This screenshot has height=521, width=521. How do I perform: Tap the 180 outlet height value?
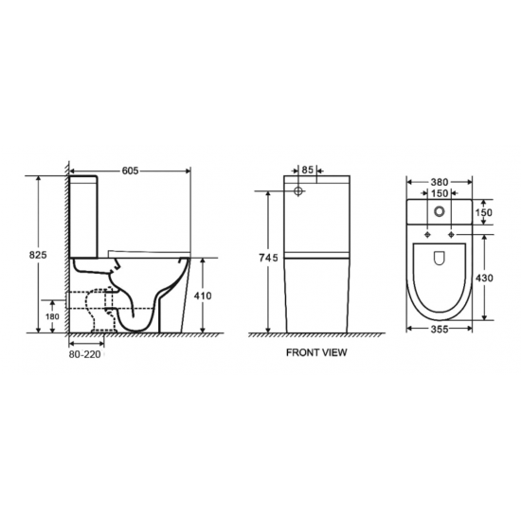click(x=53, y=315)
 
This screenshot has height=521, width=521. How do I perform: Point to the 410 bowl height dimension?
click(x=202, y=295)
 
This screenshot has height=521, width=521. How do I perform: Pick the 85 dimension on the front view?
click(x=309, y=170)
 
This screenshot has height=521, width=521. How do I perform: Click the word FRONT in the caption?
click(x=306, y=351)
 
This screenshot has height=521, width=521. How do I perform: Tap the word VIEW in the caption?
click(x=336, y=351)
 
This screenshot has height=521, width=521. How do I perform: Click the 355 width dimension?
click(x=438, y=330)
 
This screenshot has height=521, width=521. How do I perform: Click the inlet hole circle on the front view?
click(x=300, y=190)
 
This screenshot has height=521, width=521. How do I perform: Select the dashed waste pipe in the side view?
click(x=96, y=309)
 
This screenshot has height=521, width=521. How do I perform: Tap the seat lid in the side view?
click(x=147, y=250)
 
